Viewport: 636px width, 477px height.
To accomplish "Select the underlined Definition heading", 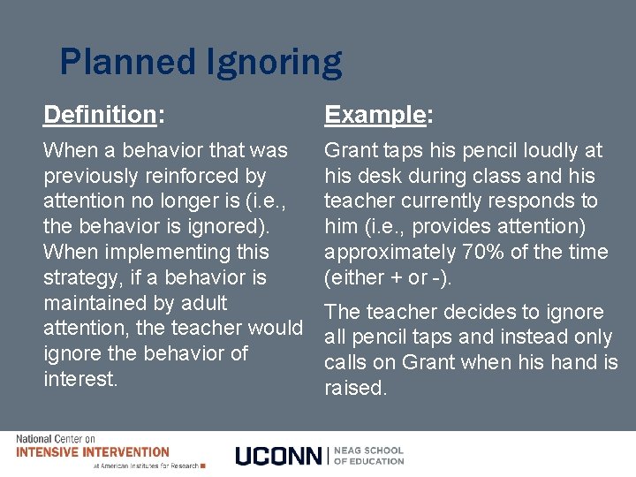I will coord(99,115).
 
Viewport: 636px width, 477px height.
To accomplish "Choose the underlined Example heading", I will coord(375,115).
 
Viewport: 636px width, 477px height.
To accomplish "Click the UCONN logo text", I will coord(280,455).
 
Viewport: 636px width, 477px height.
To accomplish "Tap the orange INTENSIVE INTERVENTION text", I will coord(93,451).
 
